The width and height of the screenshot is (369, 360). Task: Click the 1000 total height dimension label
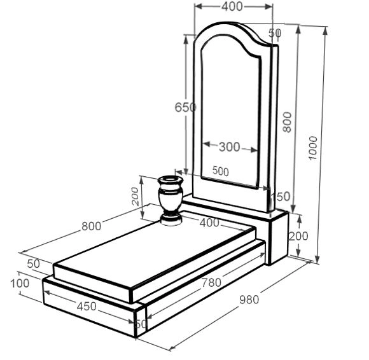313,148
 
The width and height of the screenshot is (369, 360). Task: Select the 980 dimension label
249,300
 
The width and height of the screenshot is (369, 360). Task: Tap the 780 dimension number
211,282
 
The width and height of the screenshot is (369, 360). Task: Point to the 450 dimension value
87,307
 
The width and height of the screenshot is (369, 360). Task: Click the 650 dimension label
185,107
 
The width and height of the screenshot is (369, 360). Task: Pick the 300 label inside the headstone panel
230,147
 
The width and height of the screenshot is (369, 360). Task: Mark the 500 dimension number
221,171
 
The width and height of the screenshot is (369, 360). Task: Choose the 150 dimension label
281,197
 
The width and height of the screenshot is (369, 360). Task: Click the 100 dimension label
20,283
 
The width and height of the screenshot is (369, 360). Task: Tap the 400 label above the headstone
232,6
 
